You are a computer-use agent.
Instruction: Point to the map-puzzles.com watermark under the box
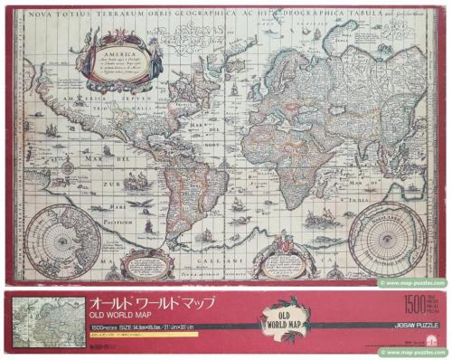coord(413,352)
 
